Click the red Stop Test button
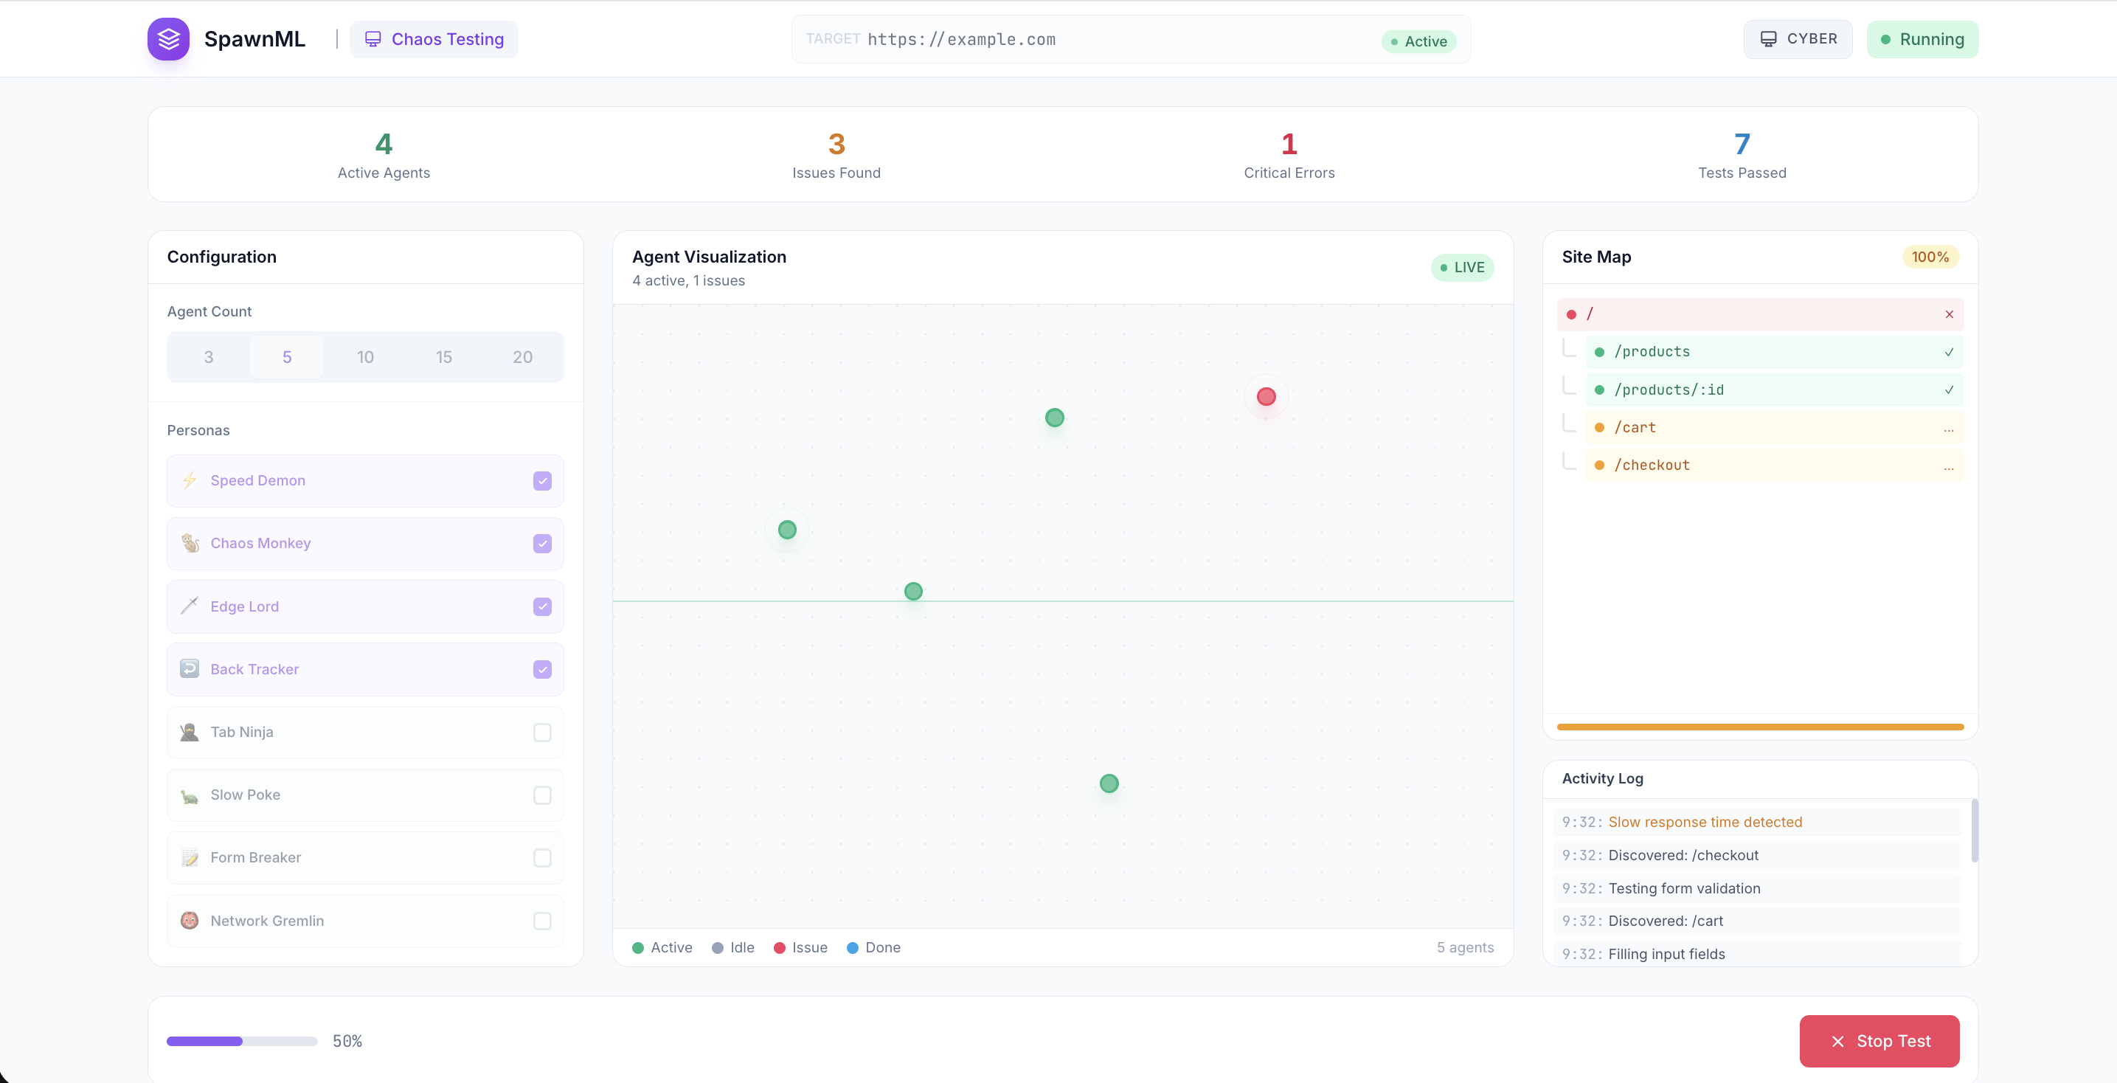(x=1879, y=1040)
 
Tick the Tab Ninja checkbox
(x=542, y=732)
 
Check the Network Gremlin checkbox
(x=542, y=921)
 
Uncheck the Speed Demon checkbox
(x=542, y=481)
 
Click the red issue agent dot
(x=1267, y=397)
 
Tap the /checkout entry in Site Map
(x=1652, y=465)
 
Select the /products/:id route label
(x=1669, y=390)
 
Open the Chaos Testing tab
(x=434, y=39)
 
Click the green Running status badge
(x=1922, y=39)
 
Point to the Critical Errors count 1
(x=1289, y=145)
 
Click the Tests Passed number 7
(x=1742, y=145)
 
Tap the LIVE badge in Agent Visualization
(x=1462, y=268)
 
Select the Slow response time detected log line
(x=1705, y=822)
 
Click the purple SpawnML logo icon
(x=168, y=38)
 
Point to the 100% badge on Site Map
(x=1930, y=257)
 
